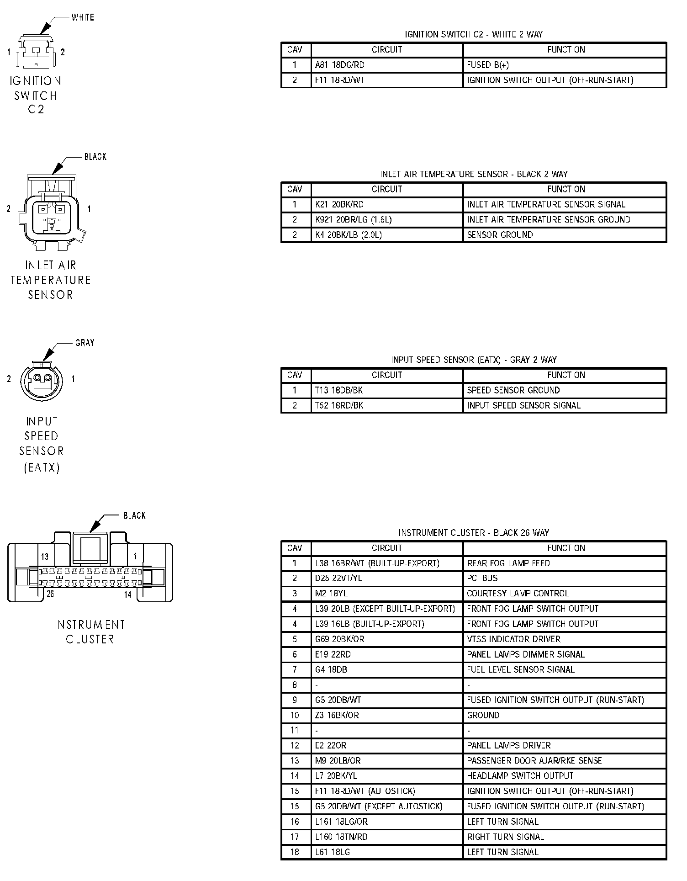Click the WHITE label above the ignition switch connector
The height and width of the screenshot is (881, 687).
point(83,17)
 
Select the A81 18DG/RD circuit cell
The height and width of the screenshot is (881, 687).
point(340,65)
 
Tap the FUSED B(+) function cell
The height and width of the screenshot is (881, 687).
point(488,65)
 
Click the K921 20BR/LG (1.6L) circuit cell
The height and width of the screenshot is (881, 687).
point(354,220)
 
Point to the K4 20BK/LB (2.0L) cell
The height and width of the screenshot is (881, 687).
point(349,235)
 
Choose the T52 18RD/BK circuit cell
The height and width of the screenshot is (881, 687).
point(339,405)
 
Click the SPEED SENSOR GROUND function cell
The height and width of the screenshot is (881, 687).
point(513,390)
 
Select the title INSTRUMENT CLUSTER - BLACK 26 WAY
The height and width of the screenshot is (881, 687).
point(474,533)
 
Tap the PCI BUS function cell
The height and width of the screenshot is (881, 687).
point(482,578)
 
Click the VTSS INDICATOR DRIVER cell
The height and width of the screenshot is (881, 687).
point(513,639)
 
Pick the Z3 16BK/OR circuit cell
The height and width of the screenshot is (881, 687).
point(337,715)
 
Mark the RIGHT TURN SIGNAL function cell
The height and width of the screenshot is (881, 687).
point(505,837)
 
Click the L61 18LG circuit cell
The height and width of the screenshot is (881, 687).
point(333,852)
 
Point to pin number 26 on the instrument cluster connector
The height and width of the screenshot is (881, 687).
point(50,594)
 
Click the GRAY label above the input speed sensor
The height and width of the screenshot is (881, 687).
point(85,343)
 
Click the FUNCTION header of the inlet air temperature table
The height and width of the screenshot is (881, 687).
point(566,189)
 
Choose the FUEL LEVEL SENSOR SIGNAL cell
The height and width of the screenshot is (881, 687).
point(521,669)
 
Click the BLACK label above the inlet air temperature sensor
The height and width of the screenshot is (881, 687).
point(95,157)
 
